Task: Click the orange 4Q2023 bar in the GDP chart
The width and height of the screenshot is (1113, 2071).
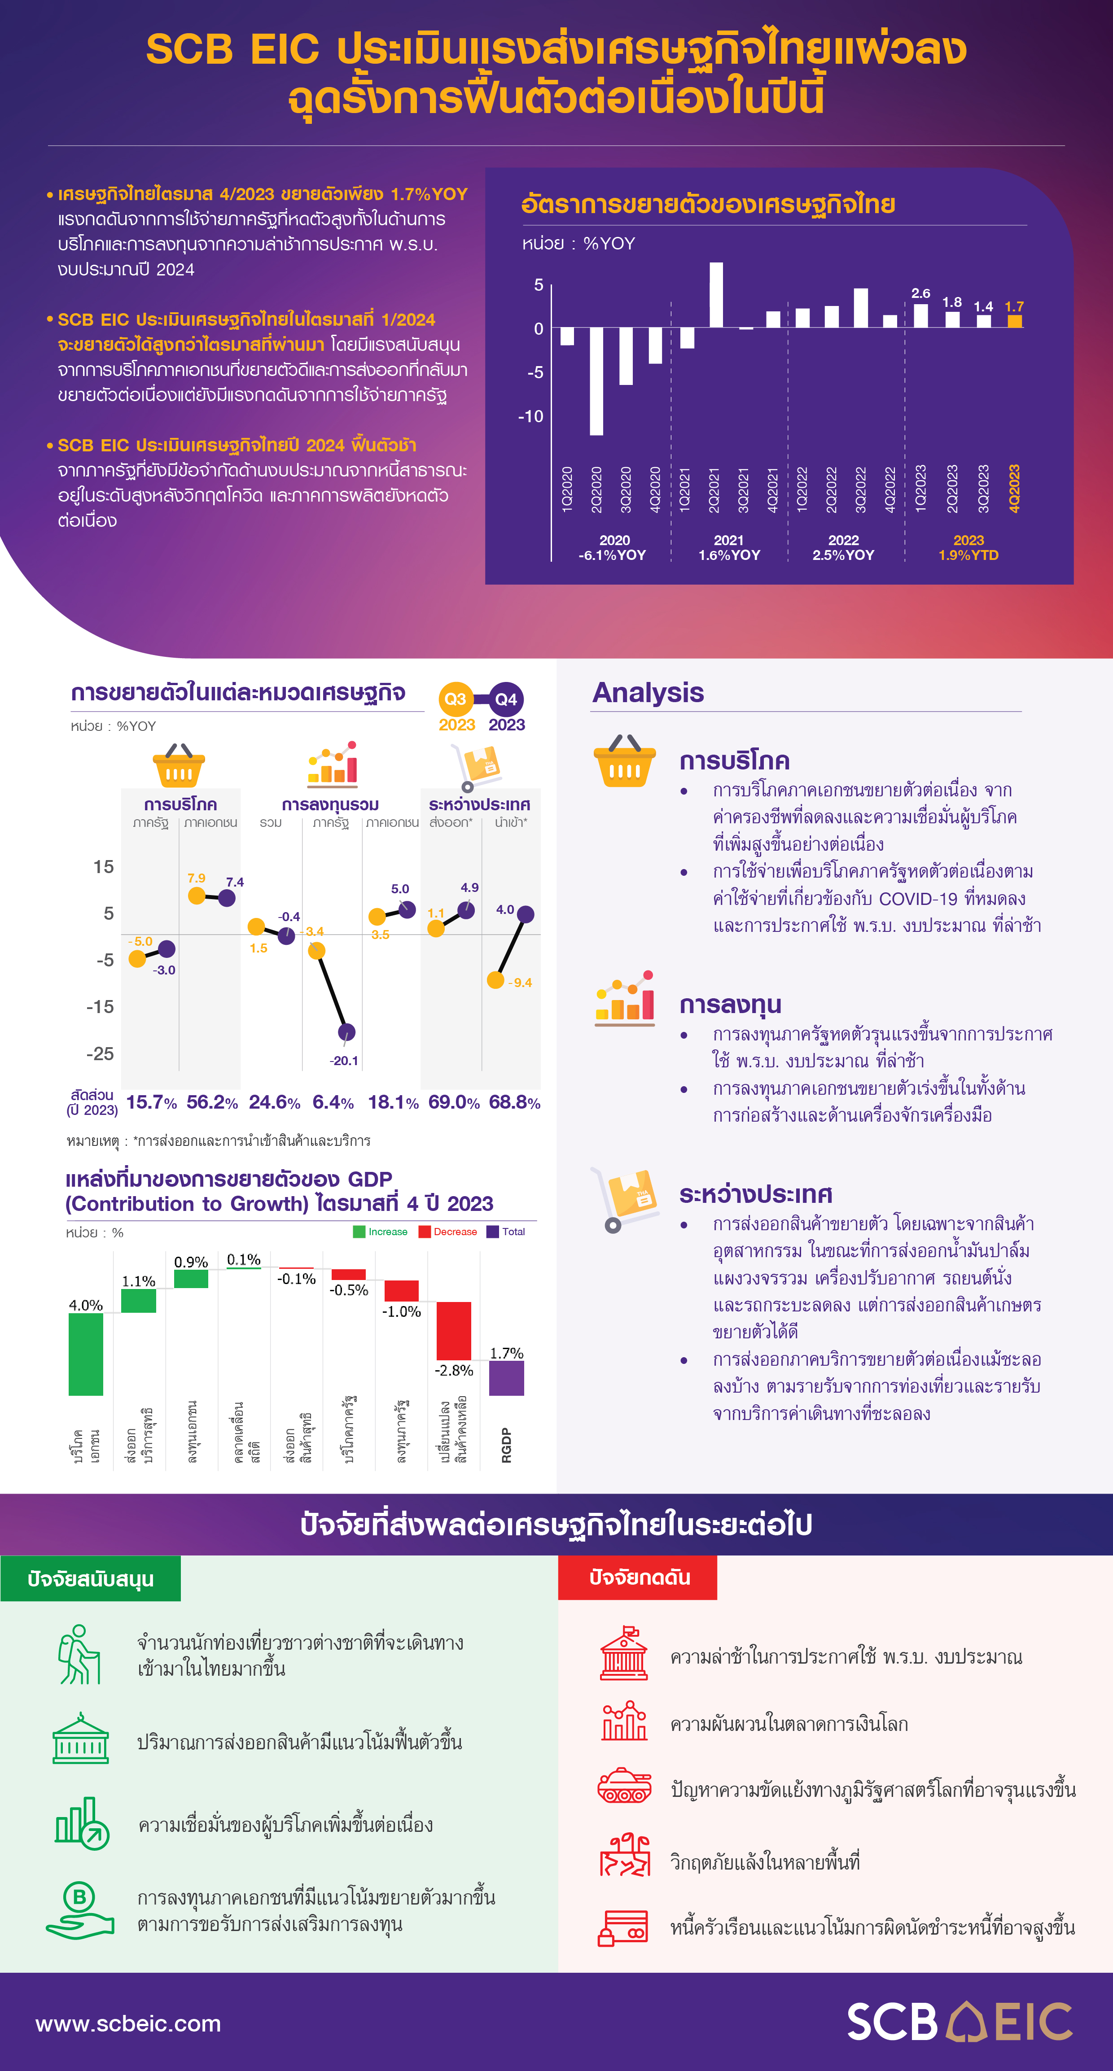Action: [1015, 321]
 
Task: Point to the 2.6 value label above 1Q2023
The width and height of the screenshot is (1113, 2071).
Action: [921, 293]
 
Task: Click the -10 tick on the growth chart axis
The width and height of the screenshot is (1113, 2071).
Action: [531, 416]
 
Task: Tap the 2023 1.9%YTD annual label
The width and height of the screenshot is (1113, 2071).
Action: [968, 547]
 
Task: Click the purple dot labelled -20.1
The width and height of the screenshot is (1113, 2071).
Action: [346, 1031]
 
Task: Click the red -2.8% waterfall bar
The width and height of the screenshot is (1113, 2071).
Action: [454, 1331]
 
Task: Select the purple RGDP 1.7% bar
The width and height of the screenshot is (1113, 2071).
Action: [507, 1378]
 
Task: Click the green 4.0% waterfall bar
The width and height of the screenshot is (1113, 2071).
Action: [86, 1354]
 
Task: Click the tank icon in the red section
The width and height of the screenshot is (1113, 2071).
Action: [624, 1787]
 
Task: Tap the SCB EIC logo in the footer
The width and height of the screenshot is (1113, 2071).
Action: [960, 2021]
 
